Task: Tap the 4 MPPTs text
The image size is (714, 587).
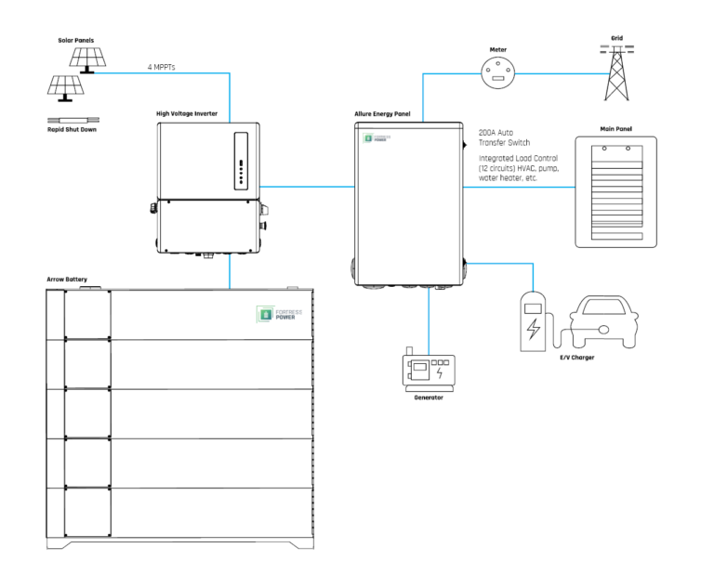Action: tap(165, 67)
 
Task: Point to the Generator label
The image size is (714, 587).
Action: tap(427, 396)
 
